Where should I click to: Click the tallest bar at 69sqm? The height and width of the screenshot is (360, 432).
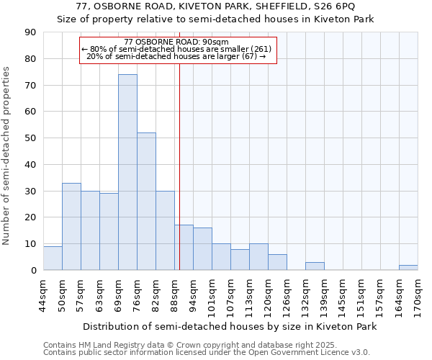tap(127, 172)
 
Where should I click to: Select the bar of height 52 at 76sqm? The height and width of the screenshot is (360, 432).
tap(146, 202)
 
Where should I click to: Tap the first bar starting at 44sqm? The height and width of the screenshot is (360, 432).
tap(53, 258)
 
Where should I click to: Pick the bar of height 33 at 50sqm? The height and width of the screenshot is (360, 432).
tap(71, 227)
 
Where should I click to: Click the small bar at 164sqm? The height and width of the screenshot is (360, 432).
tap(408, 268)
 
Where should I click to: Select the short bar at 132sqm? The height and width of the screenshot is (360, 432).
tap(315, 266)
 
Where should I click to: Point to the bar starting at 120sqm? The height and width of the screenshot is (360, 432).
tap(277, 263)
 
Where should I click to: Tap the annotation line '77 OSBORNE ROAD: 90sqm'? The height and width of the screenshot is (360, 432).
tap(176, 42)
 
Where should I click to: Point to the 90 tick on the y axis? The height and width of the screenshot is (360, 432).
tap(30, 32)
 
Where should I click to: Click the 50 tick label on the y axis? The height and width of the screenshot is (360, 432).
tap(30, 138)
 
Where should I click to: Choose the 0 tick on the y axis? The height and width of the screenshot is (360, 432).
tap(33, 271)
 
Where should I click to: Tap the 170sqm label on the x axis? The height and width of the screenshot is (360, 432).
tap(418, 292)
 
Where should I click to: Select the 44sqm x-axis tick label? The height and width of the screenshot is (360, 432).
tap(43, 292)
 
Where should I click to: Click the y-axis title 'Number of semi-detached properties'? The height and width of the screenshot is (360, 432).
tap(6, 155)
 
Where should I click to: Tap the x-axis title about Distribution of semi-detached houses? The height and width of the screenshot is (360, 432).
tap(230, 326)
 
